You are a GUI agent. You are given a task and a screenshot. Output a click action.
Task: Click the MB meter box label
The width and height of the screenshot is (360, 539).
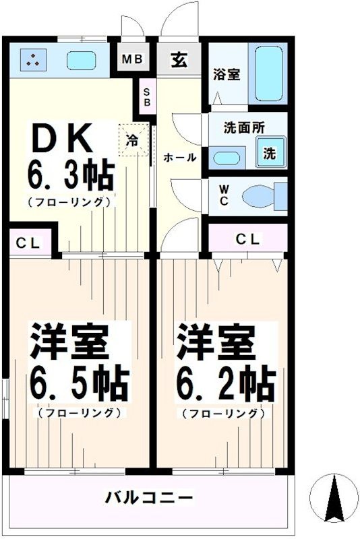tap(131, 59)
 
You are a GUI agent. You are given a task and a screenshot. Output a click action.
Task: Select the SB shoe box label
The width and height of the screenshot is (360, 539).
tap(146, 96)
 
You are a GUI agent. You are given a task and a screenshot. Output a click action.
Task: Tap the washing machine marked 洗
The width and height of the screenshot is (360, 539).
tap(270, 152)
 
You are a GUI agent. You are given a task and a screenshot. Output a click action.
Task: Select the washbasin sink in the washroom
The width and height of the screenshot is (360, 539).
tap(227, 160)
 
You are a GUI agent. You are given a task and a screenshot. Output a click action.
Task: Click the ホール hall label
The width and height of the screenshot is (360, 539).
tap(180, 158)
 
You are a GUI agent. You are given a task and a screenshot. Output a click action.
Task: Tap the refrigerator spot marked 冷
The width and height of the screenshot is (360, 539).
tap(133, 141)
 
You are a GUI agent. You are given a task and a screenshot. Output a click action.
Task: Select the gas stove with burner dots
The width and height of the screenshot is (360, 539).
tap(31, 60)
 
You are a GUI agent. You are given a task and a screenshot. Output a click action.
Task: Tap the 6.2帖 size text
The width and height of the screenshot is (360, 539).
tap(225, 384)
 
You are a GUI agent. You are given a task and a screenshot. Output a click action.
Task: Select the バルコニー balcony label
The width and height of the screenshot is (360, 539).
tap(149, 498)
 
